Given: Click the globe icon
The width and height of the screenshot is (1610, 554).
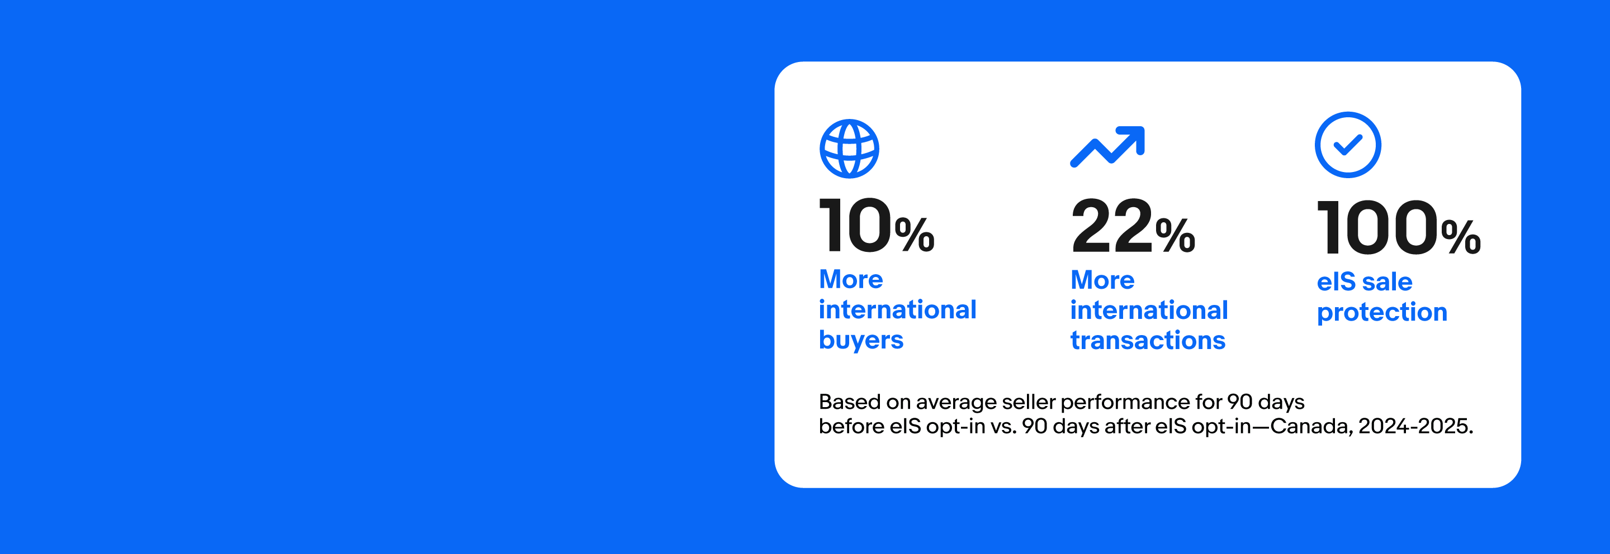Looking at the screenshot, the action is click(849, 149).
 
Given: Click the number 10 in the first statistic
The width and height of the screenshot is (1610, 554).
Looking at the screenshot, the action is click(856, 225).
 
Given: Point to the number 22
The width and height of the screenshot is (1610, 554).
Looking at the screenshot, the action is click(1112, 226).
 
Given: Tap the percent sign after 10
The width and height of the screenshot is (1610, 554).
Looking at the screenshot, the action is click(915, 234).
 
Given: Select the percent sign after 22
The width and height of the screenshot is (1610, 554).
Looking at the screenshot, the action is click(1175, 235).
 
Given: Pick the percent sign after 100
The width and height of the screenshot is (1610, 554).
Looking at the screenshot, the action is click(1461, 237).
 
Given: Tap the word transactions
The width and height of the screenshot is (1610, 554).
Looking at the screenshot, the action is click(1148, 341).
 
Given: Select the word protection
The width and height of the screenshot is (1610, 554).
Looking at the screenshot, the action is click(1382, 312).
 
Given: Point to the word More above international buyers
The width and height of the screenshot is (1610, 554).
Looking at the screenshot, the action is click(851, 279).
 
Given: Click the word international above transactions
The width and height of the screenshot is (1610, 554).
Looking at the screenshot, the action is click(1149, 310).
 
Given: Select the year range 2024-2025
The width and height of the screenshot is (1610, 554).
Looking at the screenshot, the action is click(1415, 427).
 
